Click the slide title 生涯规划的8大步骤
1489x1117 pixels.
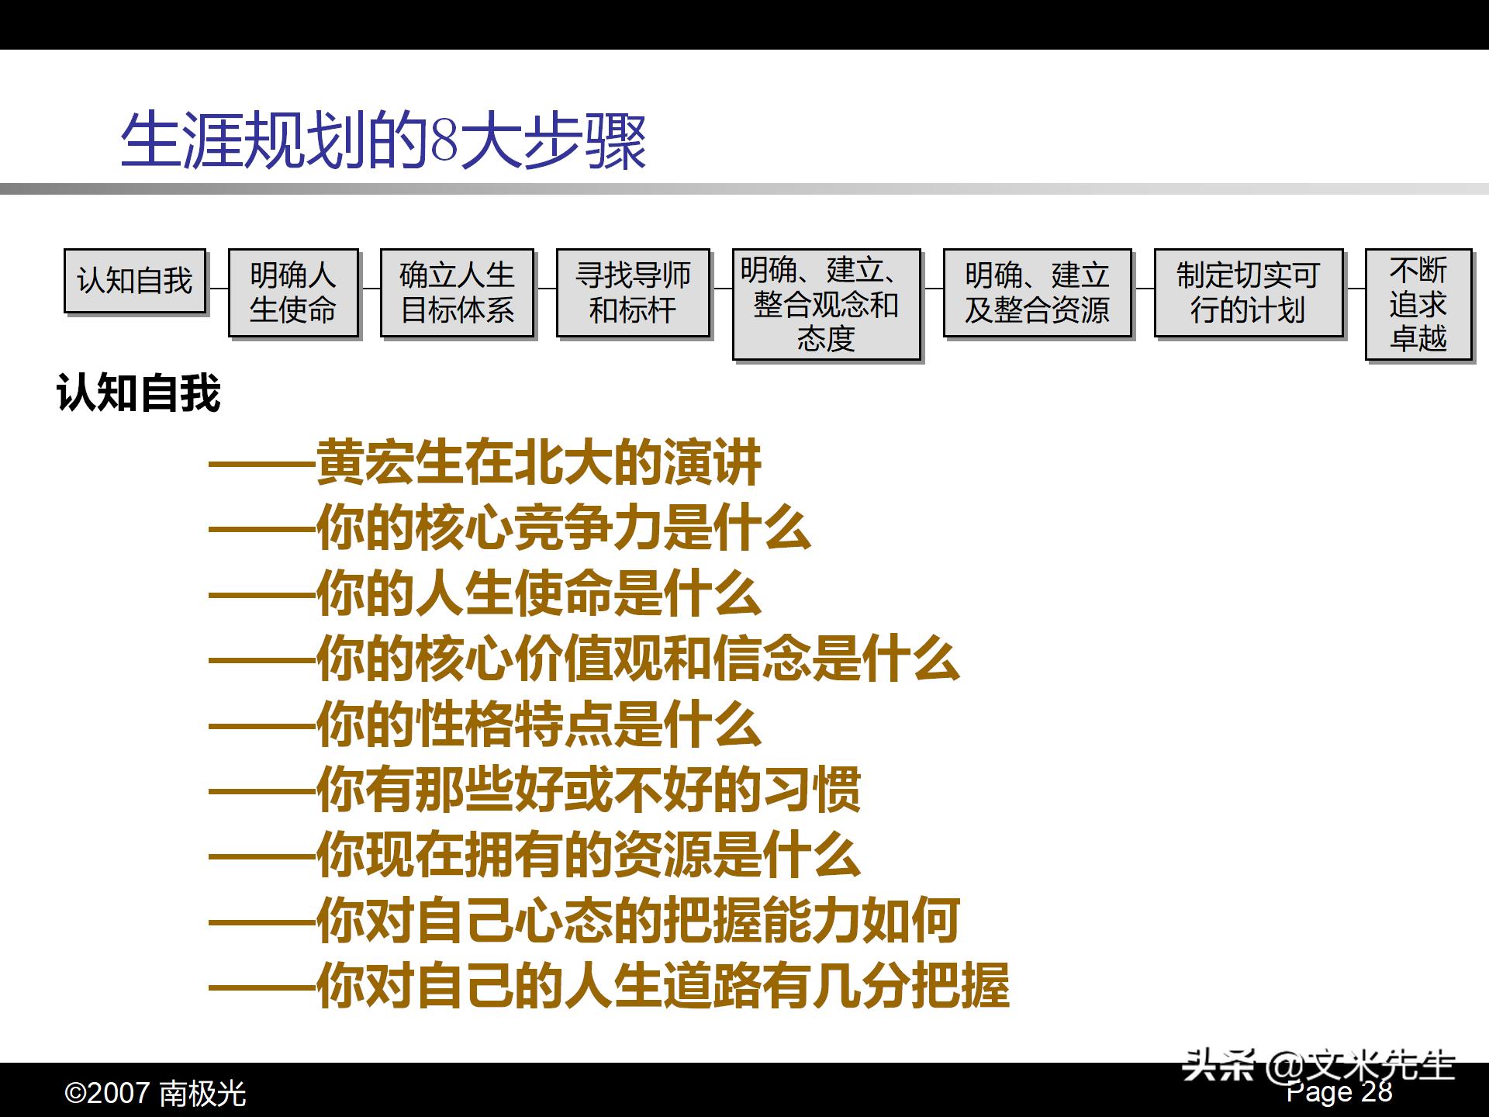tap(383, 141)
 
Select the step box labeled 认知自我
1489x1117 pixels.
tap(135, 281)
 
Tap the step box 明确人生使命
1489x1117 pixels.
tap(293, 292)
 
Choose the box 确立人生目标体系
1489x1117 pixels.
tap(457, 292)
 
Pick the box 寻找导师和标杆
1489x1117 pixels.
tap(633, 292)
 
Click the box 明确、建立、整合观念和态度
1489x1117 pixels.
tap(826, 304)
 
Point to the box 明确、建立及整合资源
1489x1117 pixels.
tap(1037, 292)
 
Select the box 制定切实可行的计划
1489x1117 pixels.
tap(1248, 292)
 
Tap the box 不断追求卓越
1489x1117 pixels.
tap(1418, 304)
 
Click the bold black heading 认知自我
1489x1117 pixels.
tap(139, 393)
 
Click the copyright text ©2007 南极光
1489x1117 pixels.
tap(155, 1094)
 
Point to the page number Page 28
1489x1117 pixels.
tap(1340, 1092)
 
